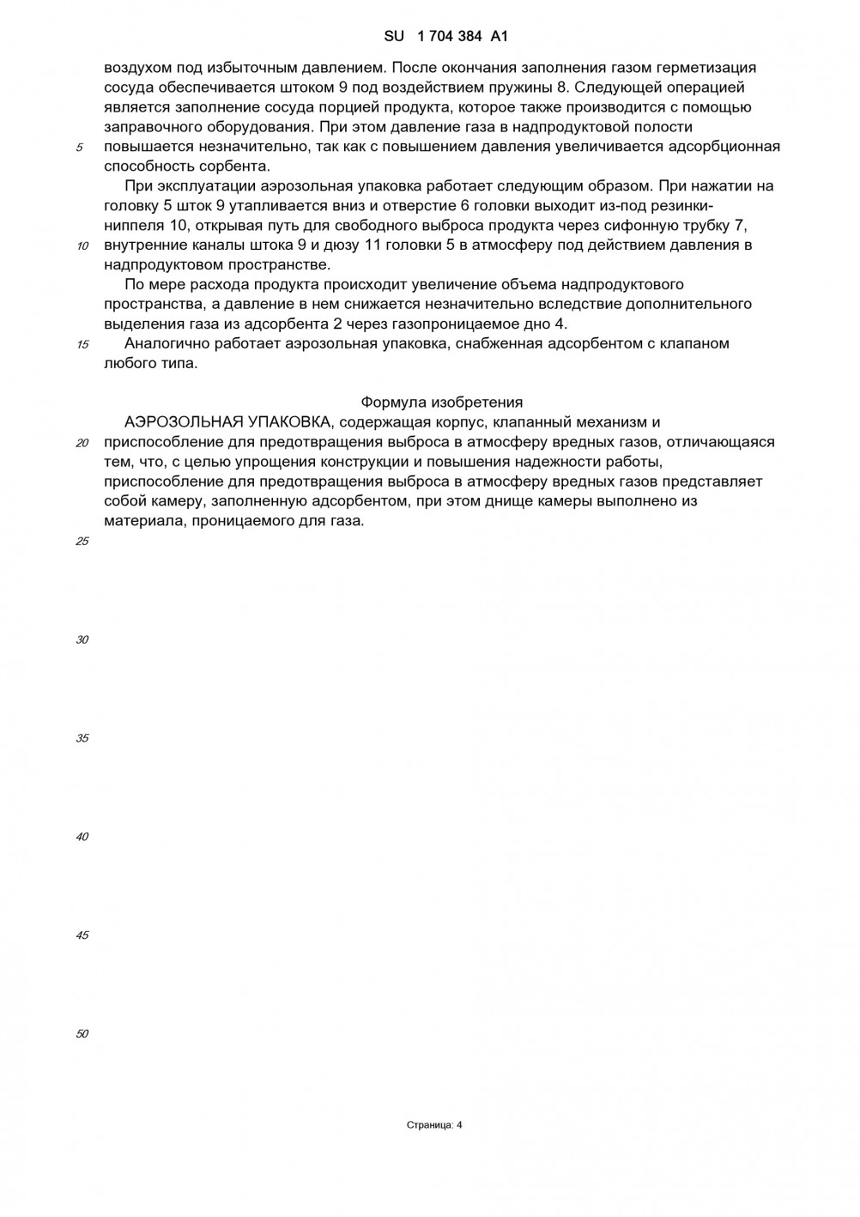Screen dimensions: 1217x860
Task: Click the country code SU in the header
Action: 394,36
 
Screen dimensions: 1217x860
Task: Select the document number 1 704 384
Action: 449,36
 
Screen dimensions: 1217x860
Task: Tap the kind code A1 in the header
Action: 500,36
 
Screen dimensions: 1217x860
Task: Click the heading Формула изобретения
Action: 441,403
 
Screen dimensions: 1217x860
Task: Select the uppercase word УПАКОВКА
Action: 292,422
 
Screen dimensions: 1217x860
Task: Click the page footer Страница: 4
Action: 434,1125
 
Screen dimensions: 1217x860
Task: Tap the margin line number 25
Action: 82,542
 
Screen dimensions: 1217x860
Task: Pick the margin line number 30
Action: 82,640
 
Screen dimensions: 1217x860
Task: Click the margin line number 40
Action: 82,837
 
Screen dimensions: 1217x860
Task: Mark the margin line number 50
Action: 82,1034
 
